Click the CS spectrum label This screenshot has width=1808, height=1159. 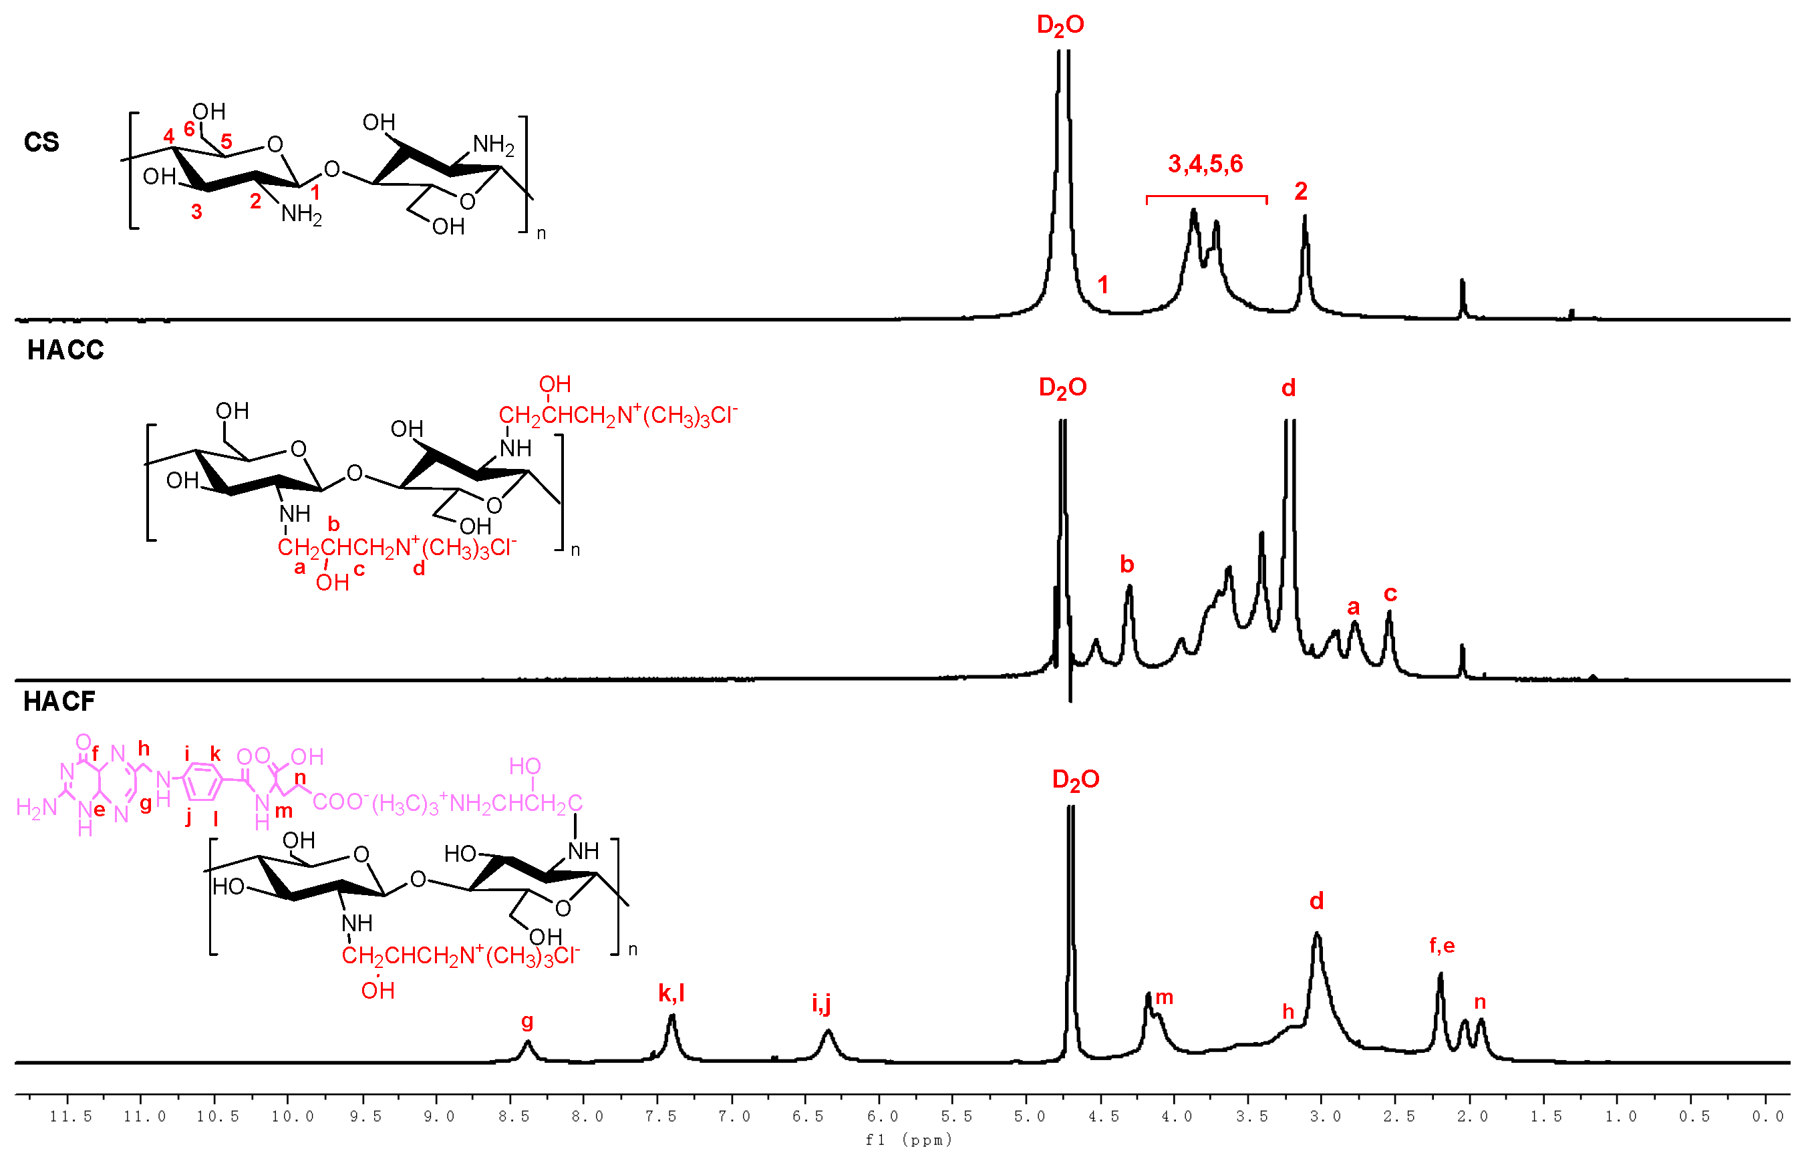coord(41,142)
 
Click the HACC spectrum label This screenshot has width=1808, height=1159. coord(65,350)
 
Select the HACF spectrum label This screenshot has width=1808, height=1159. coord(59,701)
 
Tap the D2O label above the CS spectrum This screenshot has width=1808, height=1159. coord(1060,25)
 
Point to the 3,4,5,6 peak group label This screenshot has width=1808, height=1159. coord(1205,164)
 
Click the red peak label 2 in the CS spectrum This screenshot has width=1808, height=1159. coord(1301,191)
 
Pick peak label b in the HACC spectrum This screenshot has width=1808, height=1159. coord(1126,564)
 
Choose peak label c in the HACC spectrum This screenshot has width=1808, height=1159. coord(1390,594)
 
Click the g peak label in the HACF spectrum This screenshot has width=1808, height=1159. coord(527,1021)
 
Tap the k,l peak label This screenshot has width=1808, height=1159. coord(671,993)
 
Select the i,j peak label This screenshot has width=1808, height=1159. coord(821,1003)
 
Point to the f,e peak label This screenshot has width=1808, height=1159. coord(1441,945)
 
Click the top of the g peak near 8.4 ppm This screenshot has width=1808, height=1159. coord(528,1041)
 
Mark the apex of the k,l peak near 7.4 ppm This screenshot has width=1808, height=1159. coord(672,1015)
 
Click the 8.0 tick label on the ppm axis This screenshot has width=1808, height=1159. coord(587,1117)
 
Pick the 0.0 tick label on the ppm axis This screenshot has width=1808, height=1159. coord(1767,1117)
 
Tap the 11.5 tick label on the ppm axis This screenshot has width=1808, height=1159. coord(71,1117)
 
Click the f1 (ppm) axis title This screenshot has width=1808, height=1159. coord(909,1140)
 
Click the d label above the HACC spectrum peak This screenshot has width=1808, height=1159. coord(1289,388)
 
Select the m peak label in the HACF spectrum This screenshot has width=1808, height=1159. coord(1165,998)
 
